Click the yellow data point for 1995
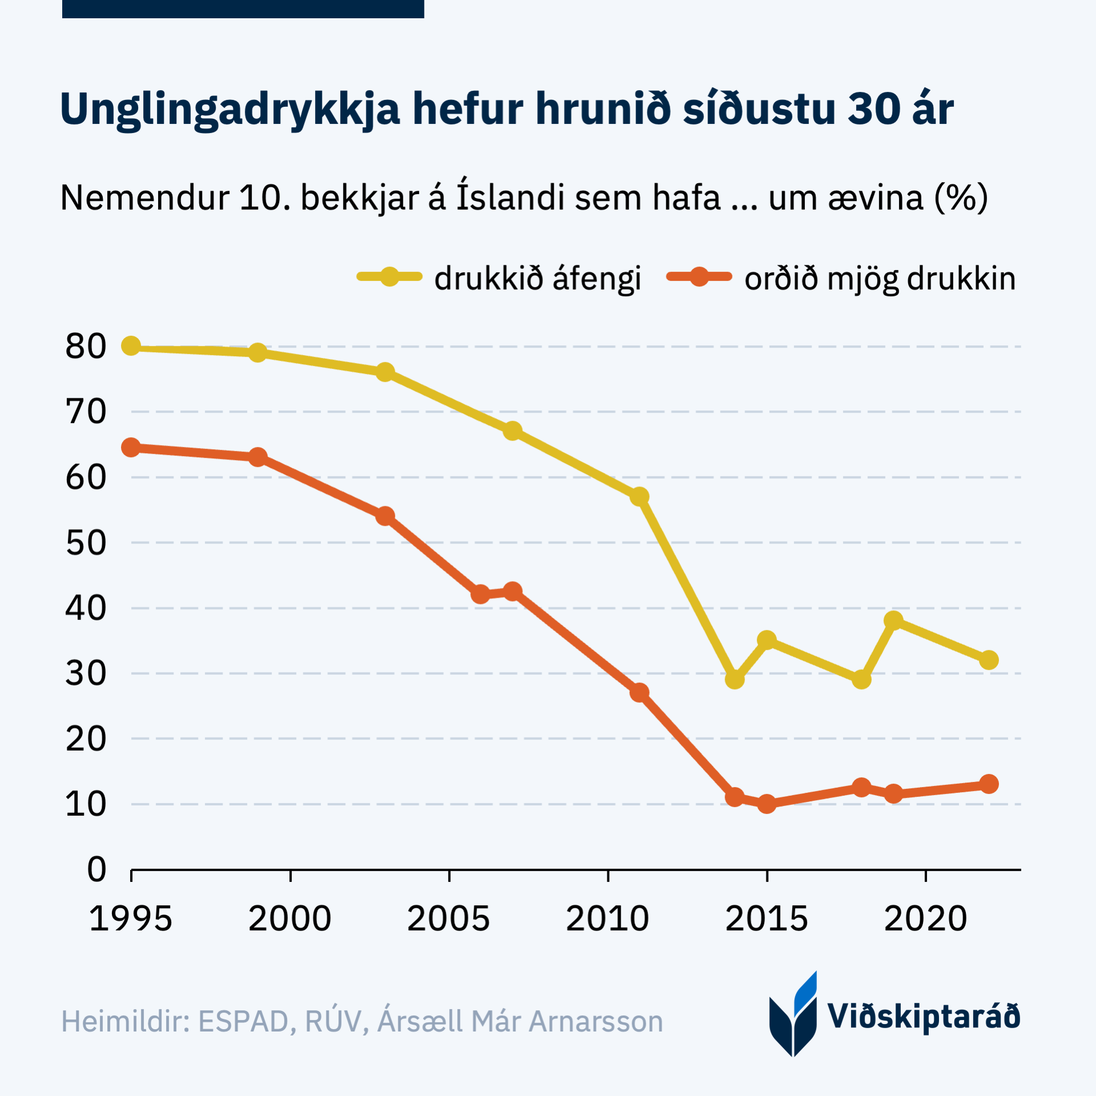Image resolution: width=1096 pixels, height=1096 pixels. (131, 346)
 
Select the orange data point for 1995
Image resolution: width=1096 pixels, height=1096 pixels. (131, 448)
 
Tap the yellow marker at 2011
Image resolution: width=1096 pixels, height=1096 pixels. (639, 497)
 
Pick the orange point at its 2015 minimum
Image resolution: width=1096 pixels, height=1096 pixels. (767, 804)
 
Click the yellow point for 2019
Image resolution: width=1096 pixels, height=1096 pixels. (893, 620)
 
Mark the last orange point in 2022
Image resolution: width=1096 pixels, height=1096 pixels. (989, 784)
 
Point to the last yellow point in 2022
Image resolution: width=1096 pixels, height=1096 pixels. (989, 660)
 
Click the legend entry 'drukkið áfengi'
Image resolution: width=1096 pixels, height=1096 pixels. (537, 279)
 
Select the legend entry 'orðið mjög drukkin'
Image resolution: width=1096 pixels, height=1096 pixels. (880, 279)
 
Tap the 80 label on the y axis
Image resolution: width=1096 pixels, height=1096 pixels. (86, 346)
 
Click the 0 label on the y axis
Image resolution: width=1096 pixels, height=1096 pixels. (96, 869)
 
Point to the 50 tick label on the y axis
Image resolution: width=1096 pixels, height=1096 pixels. (86, 542)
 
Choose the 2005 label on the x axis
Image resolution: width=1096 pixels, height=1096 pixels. (449, 919)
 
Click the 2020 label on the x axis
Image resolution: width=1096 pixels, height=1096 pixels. (925, 919)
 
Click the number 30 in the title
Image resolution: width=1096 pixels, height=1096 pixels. (874, 108)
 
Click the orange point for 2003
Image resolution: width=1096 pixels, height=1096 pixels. (385, 516)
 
